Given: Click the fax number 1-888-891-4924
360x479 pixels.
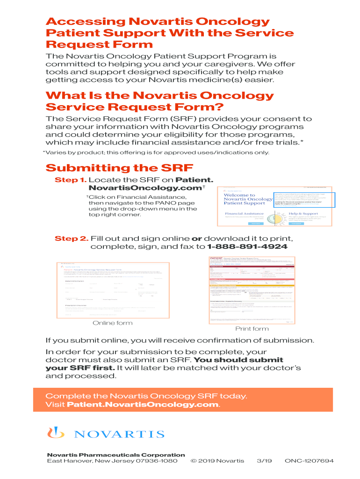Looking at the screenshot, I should [247, 247].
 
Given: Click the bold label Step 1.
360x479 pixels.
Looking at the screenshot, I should [71, 180].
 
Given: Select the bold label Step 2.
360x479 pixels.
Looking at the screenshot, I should [72, 239].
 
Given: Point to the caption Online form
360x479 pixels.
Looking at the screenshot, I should [112, 323].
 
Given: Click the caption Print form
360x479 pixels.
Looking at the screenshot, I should [252, 328].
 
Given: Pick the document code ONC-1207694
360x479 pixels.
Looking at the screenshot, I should [309, 461].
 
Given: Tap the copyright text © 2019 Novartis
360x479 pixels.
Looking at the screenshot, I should [217, 461].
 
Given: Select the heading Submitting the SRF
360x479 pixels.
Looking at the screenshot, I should [119, 167].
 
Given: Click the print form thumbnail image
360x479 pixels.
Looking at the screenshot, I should [252, 290].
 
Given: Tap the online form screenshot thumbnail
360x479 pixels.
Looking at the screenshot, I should [112, 290].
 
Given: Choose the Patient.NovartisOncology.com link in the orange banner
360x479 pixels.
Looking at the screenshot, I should [143, 404].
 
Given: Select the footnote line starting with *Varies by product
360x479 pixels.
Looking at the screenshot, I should [156, 152].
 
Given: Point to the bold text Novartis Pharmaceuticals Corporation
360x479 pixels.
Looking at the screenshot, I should [116, 455].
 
